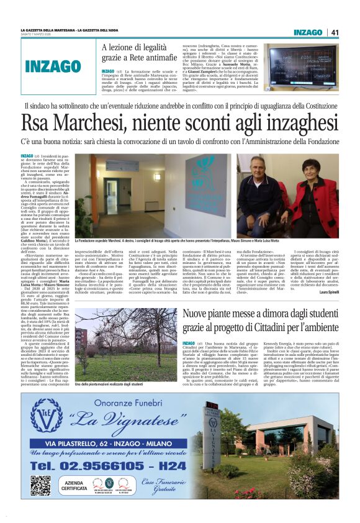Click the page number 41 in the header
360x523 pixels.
coord(335,32)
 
